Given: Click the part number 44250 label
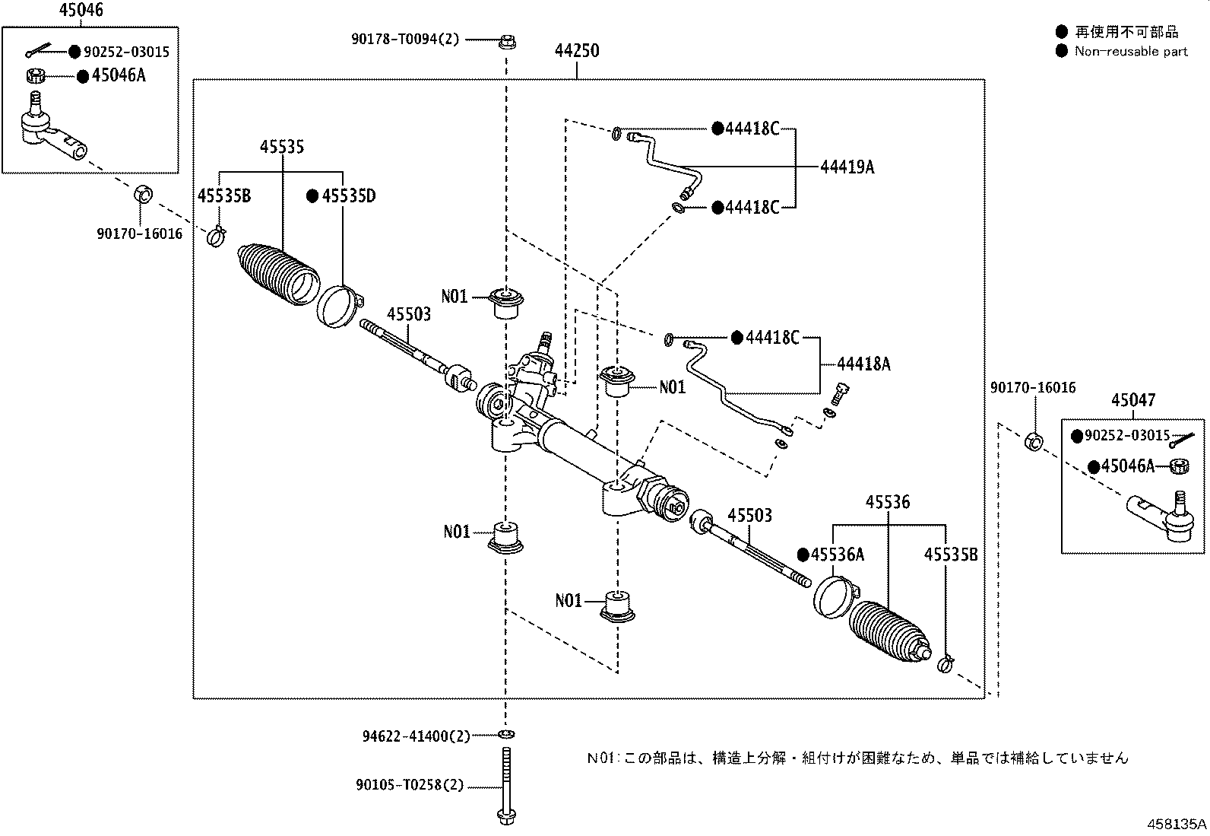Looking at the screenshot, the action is (577, 51).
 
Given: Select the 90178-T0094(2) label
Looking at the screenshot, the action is (405, 39).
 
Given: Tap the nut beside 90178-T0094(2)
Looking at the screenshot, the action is (507, 42).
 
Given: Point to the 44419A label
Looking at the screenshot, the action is (847, 167).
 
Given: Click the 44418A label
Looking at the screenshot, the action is (863, 364).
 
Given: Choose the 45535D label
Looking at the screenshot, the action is (348, 195).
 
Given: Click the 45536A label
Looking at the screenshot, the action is (838, 555).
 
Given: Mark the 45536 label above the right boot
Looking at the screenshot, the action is (888, 502).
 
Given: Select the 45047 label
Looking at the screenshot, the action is (1133, 400).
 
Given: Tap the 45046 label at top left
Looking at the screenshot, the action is (81, 10).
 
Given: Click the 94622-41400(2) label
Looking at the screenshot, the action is (417, 736).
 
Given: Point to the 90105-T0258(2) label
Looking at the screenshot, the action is (410, 784).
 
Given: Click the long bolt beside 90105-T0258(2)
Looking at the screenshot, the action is (506, 785).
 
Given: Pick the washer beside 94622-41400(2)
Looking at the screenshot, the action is (506, 734).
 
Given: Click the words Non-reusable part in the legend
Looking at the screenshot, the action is (1131, 52).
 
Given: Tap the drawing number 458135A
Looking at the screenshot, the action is (1177, 824).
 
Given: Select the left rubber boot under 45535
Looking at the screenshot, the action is (279, 275).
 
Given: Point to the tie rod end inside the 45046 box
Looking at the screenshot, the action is (52, 128).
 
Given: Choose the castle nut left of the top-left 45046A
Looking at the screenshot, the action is (36, 76).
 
